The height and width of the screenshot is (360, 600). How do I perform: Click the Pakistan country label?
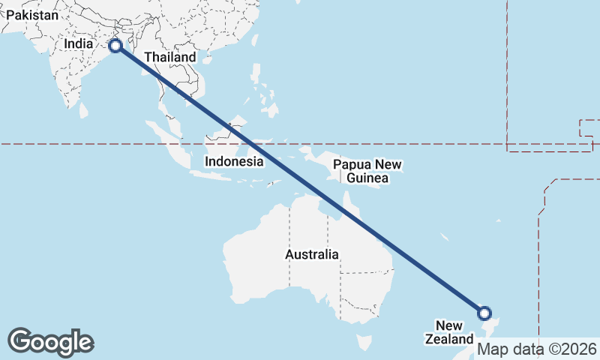pyautogui.click(x=31, y=14)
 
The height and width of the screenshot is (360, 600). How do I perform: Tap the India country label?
pyautogui.click(x=79, y=43)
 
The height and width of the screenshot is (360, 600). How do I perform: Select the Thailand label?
pyautogui.click(x=170, y=57)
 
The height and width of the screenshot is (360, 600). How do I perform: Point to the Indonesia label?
pyautogui.click(x=234, y=161)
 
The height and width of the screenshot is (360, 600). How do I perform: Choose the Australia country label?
pyautogui.click(x=312, y=254)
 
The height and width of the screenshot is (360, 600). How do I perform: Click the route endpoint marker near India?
pyautogui.click(x=115, y=46)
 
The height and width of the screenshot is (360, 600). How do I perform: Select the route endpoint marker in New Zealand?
pyautogui.click(x=484, y=313)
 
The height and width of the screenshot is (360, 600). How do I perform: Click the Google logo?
pyautogui.click(x=50, y=342)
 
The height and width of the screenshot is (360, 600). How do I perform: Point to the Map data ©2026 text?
pyautogui.click(x=537, y=349)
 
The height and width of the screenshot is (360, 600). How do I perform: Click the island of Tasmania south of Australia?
pyautogui.click(x=364, y=343)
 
